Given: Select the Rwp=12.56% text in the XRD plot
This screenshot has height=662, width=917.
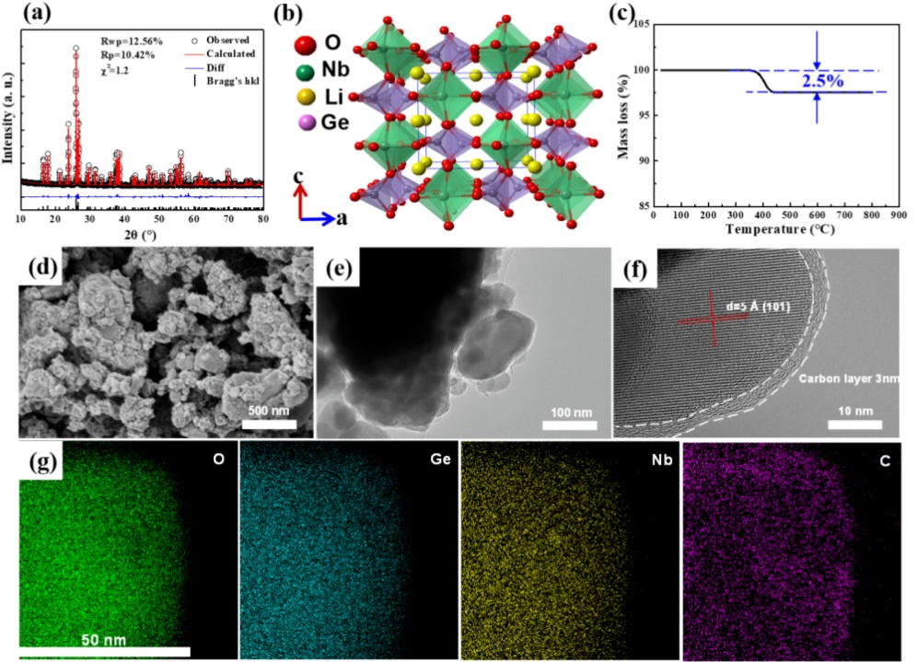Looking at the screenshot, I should (131, 41).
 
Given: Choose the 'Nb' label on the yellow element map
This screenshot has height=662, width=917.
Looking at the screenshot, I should (659, 458).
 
